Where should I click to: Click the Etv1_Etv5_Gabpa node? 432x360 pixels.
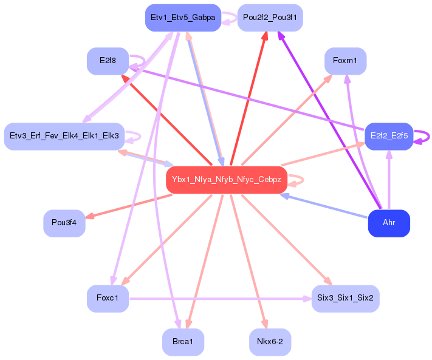pos(182,18)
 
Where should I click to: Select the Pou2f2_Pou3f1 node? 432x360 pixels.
pos(269,18)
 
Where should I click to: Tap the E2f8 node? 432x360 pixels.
pos(108,61)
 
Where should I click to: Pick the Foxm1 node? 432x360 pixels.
pos(345,61)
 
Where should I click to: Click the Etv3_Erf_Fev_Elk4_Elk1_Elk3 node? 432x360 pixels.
pos(64,135)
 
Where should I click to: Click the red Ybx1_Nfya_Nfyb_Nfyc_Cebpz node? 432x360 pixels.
pos(226,180)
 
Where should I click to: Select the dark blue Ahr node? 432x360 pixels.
pos(389,223)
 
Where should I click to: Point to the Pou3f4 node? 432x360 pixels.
pos(64,223)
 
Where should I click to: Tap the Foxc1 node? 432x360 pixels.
pos(108,298)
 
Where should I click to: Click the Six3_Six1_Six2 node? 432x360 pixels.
pos(345,298)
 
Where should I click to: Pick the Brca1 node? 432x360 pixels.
pos(182,342)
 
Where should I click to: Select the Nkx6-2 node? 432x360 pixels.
pos(270,342)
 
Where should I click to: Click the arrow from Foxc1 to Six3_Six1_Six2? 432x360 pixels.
pos(219,299)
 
